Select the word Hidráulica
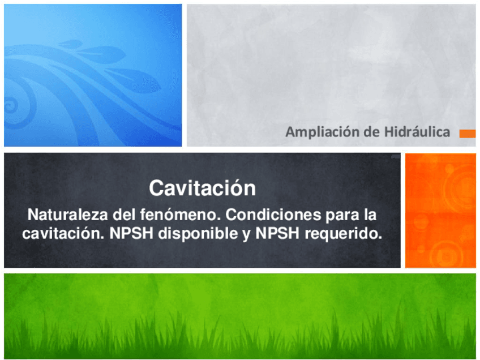(417, 132)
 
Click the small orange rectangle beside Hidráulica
(467, 134)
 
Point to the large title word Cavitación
(202, 188)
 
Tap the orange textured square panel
(440, 210)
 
